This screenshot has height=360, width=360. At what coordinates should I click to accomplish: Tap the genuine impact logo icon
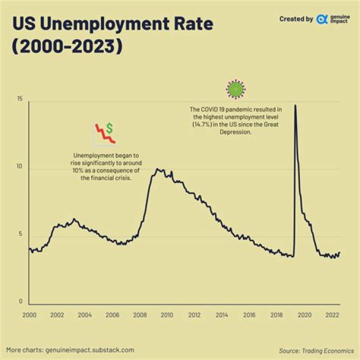[x=322, y=19]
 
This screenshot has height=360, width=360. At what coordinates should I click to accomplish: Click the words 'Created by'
[x=296, y=19]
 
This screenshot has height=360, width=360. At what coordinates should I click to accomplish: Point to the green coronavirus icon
[x=235, y=89]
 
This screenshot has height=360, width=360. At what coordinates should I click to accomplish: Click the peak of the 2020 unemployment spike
[x=295, y=105]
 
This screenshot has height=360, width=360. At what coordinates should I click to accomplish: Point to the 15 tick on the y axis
[x=19, y=99]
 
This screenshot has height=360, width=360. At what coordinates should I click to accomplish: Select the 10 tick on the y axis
[x=19, y=166]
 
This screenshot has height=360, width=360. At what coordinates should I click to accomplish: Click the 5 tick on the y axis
[x=20, y=234]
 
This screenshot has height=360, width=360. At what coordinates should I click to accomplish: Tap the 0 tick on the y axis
[x=20, y=301]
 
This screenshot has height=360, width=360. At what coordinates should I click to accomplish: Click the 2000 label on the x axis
[x=29, y=315]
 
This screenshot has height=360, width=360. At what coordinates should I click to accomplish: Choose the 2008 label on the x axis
[x=139, y=315]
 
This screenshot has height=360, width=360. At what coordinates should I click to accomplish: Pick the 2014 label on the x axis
[x=222, y=315]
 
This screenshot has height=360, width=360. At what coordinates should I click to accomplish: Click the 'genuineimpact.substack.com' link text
[x=90, y=350]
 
